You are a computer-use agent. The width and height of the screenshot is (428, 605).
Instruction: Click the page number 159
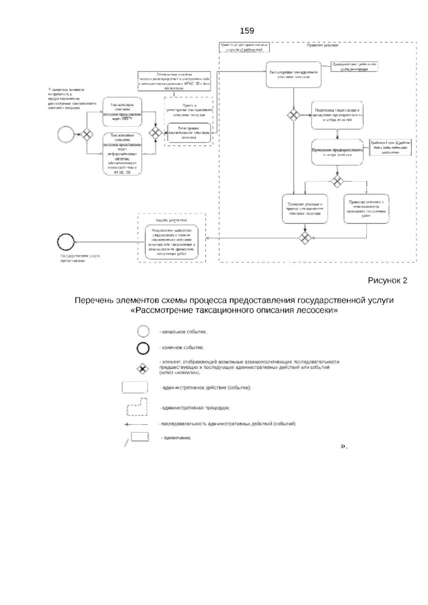(x=247, y=31)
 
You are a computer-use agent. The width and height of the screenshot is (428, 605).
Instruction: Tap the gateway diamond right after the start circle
(x=86, y=134)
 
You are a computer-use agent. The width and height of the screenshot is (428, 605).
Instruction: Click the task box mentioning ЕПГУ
(x=122, y=112)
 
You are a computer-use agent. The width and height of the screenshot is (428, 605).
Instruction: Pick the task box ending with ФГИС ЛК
(x=122, y=153)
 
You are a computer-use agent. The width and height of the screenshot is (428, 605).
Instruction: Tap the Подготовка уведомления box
(x=337, y=115)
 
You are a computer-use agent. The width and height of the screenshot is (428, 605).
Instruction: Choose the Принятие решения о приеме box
(x=305, y=209)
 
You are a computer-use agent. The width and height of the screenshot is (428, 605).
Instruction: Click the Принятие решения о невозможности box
(x=366, y=209)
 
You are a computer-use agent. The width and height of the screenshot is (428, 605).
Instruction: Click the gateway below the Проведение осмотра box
(x=337, y=181)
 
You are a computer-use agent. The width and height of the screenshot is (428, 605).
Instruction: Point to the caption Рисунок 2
(x=387, y=280)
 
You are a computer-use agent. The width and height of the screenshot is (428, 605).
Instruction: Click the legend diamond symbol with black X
(x=143, y=369)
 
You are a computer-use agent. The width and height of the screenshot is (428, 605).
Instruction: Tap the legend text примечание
(x=177, y=438)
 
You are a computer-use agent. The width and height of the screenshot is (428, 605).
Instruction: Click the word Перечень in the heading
(x=93, y=300)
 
